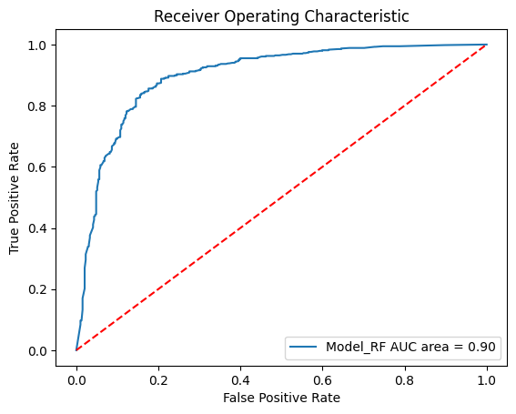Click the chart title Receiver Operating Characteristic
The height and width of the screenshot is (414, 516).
(281, 15)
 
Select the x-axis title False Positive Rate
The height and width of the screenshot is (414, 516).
(281, 398)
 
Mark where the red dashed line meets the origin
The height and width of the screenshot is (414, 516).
(76, 350)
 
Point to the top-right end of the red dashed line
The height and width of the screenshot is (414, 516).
(487, 45)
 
